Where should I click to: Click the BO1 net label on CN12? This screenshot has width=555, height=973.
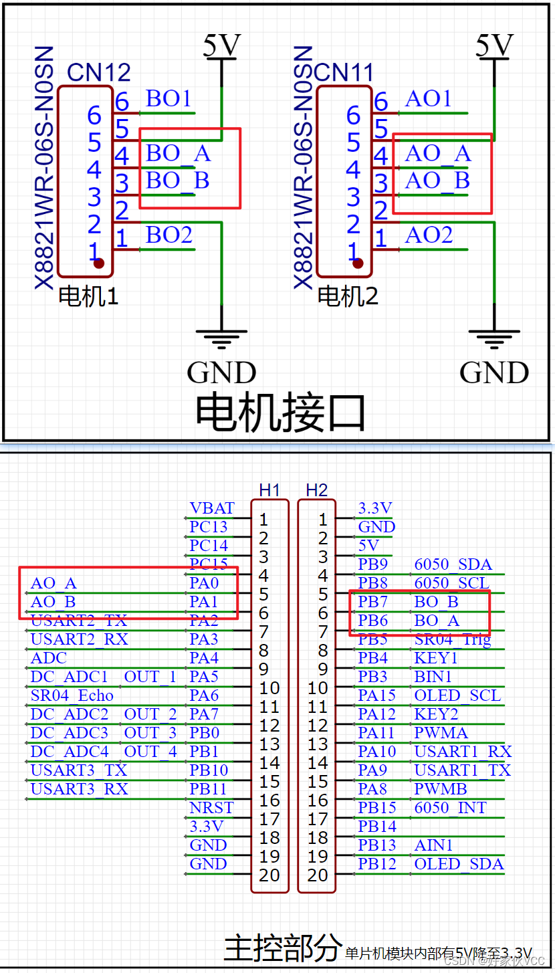click(x=169, y=99)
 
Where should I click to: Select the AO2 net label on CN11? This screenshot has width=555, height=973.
click(x=429, y=235)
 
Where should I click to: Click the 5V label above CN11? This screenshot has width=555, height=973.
click(x=493, y=45)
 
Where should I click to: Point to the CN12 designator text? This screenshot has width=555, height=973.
click(x=99, y=72)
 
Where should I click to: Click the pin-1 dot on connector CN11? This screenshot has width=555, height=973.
click(x=358, y=263)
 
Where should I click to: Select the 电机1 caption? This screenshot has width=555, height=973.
click(x=88, y=296)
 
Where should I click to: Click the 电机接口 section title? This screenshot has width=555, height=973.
click(x=280, y=413)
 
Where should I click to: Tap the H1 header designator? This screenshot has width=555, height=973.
click(x=269, y=490)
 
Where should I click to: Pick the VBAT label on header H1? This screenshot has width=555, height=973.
click(x=212, y=509)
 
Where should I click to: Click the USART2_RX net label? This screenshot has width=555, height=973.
click(x=79, y=639)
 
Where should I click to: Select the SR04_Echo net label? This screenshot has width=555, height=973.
click(x=72, y=695)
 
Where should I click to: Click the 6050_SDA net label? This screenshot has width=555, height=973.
click(x=453, y=564)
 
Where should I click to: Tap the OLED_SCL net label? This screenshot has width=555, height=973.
click(x=457, y=695)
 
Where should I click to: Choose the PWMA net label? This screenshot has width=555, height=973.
click(x=441, y=733)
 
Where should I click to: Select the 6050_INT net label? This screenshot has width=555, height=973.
click(x=450, y=808)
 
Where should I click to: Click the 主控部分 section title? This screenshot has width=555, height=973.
click(x=282, y=948)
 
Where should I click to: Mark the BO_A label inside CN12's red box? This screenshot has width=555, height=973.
click(x=178, y=154)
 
